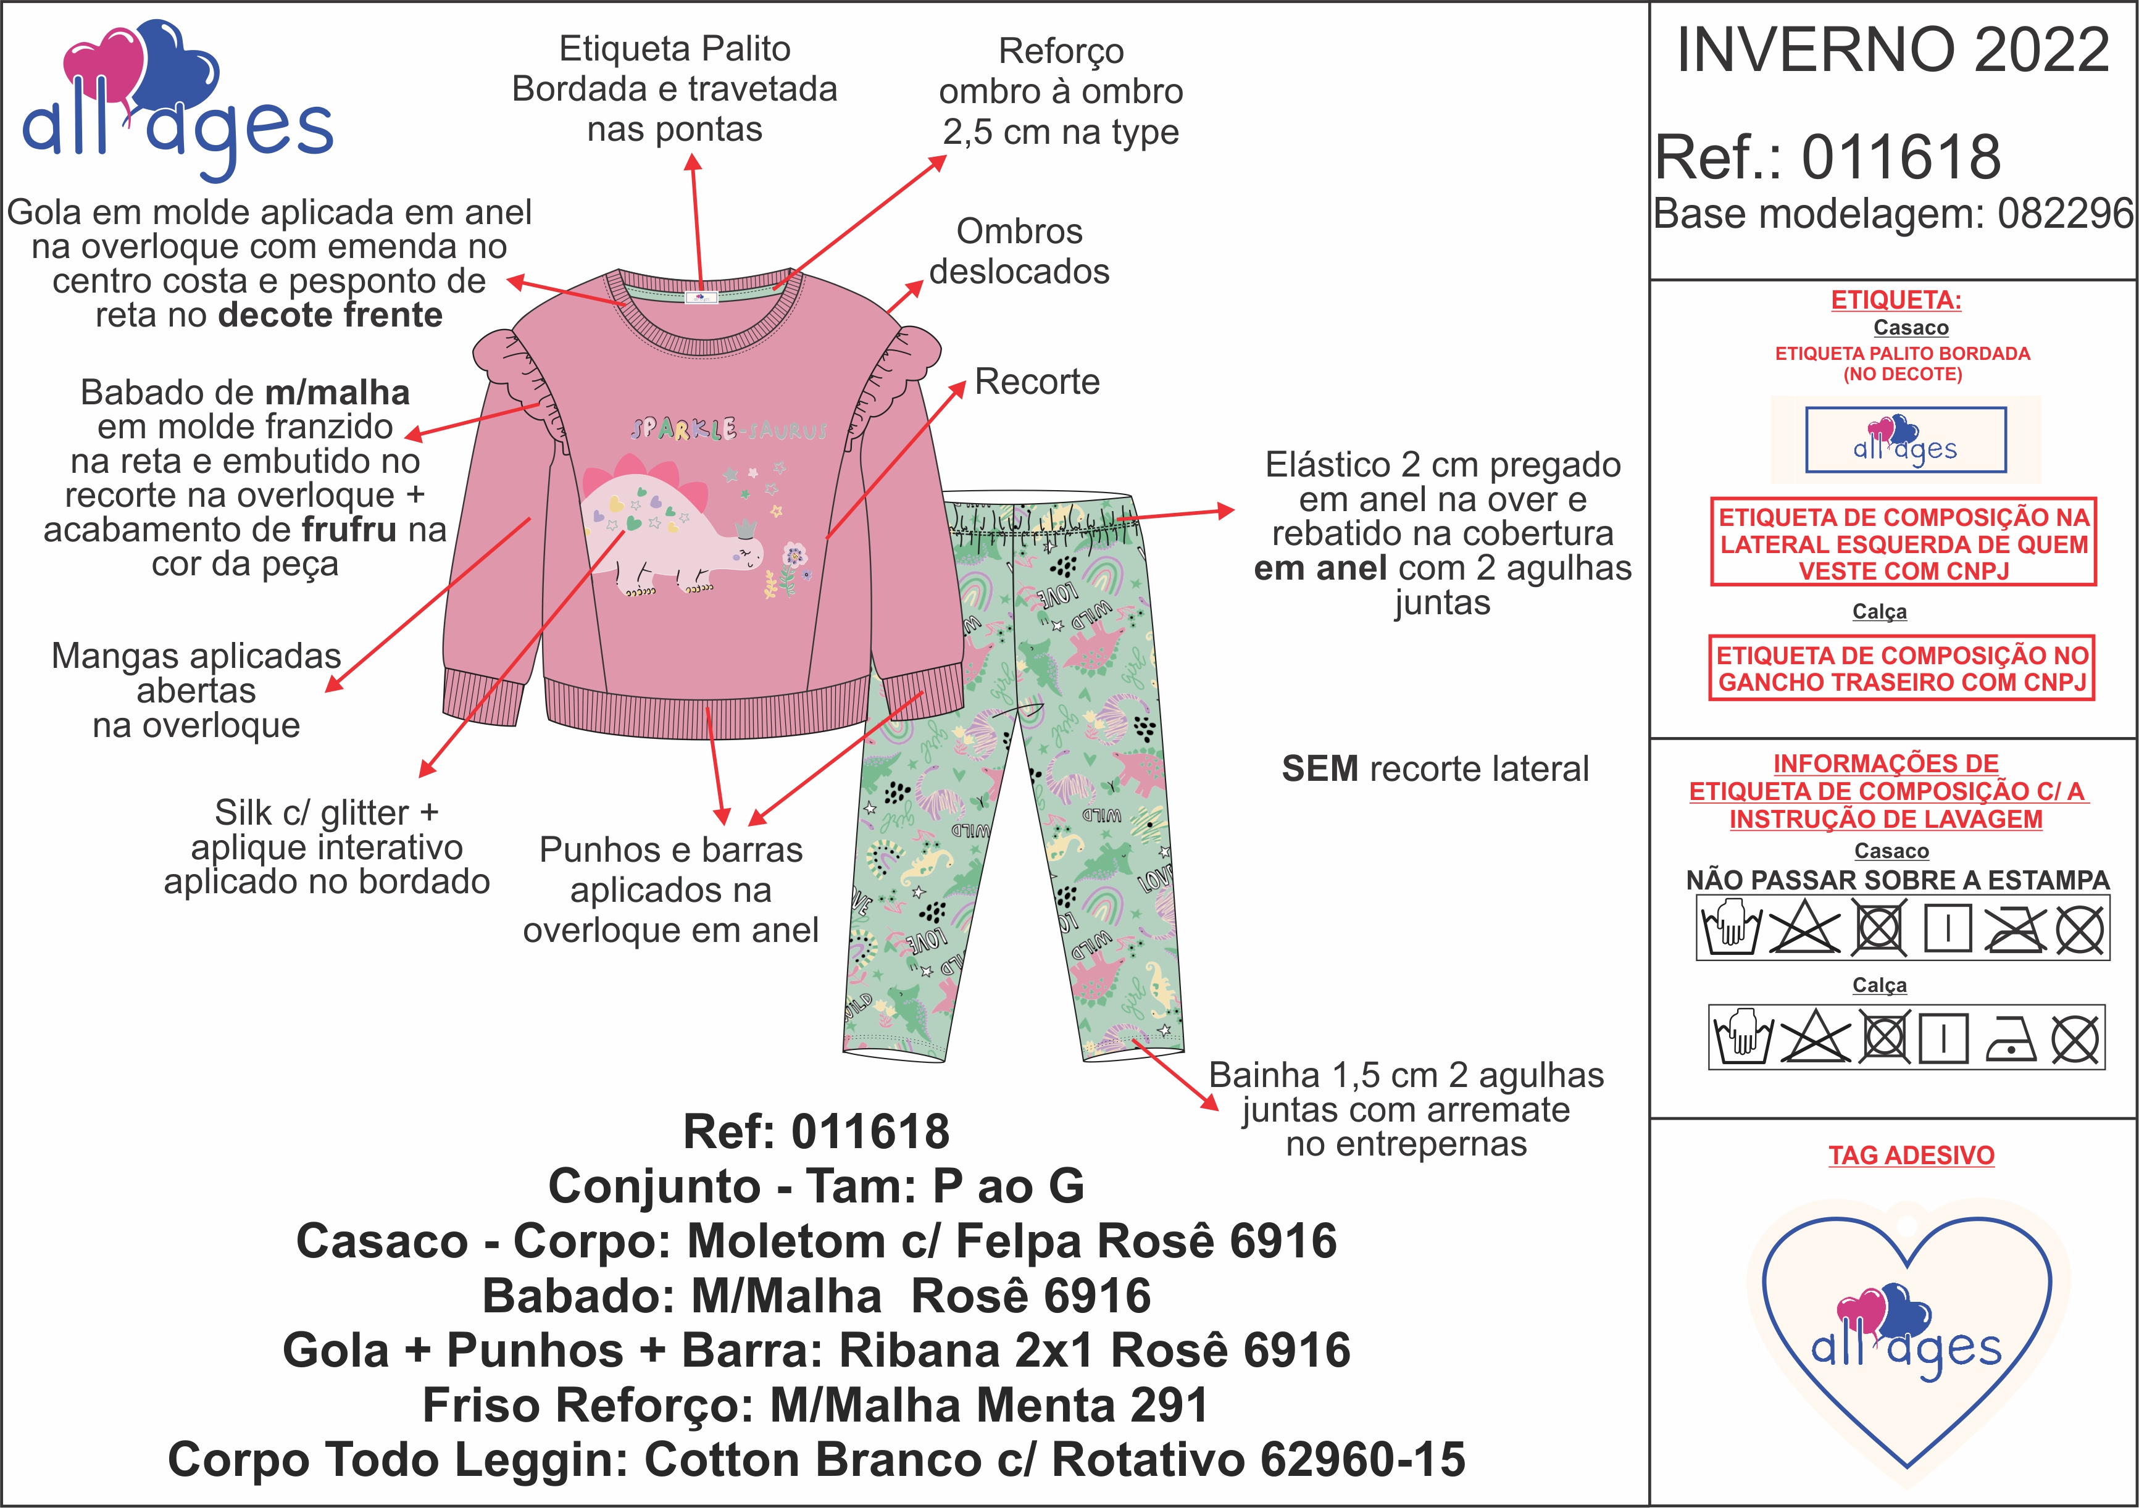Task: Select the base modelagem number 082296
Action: tap(2064, 214)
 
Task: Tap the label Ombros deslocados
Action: tap(1019, 251)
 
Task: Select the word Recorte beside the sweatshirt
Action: tap(1037, 382)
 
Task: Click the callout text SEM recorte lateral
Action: tap(1435, 769)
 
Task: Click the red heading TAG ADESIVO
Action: tap(1911, 1155)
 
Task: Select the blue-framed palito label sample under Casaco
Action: tap(1905, 439)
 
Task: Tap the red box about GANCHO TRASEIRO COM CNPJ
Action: tap(1901, 668)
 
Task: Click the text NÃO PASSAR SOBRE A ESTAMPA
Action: tap(1898, 880)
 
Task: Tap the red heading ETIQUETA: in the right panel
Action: tap(1896, 300)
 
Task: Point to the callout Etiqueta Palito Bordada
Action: tap(675, 88)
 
